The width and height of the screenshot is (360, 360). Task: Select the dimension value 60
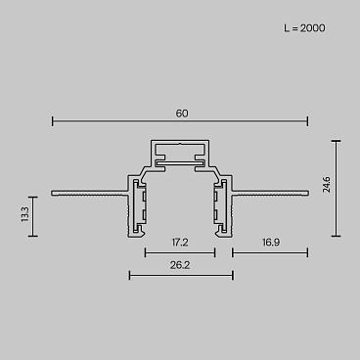[182, 114]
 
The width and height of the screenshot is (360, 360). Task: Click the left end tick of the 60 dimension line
[53, 122]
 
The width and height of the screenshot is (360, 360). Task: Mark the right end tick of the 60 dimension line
[307, 122]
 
